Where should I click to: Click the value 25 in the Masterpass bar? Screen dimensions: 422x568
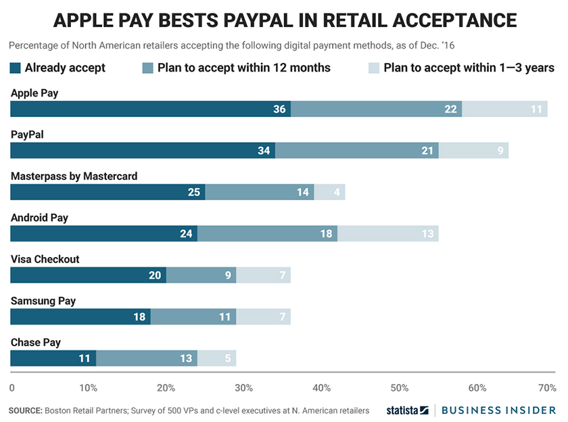(193, 192)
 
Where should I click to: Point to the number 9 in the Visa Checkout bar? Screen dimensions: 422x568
(228, 275)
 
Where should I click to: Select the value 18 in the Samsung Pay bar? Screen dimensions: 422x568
(139, 316)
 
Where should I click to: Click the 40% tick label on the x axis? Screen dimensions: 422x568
(322, 388)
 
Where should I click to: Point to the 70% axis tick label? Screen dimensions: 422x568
(546, 388)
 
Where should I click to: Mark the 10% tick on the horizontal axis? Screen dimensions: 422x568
(88, 388)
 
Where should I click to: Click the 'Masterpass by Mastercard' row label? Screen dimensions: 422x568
(74, 177)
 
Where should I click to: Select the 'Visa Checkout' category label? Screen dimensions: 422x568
(45, 260)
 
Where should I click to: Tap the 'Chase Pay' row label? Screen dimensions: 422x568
(36, 342)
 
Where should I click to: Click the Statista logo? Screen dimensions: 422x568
(407, 410)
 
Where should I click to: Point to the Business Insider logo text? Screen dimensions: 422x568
(500, 410)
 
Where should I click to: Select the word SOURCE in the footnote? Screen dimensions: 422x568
(24, 411)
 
